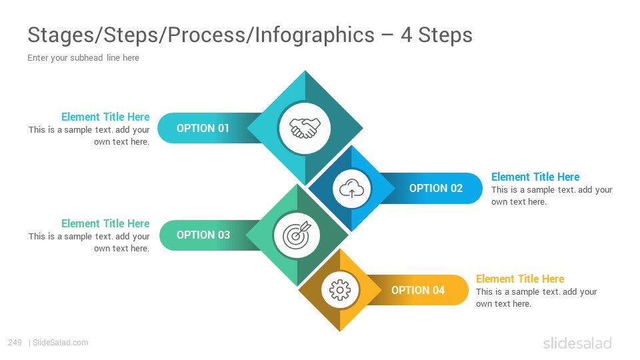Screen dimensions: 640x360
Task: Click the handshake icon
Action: [305, 128]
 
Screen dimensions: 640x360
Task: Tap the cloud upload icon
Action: [351, 189]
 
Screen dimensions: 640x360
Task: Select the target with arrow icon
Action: [297, 235]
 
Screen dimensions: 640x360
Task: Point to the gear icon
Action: [339, 290]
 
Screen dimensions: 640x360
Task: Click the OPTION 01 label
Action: [203, 128]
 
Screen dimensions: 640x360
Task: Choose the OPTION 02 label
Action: [436, 188]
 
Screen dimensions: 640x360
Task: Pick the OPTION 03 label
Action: [203, 235]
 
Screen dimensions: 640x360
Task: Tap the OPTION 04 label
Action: [418, 290]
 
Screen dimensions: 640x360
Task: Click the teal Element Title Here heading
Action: [105, 117]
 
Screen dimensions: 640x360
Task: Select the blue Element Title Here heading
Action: [535, 177]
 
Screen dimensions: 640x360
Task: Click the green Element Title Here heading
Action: [105, 224]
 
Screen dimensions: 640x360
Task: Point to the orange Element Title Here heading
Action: [520, 279]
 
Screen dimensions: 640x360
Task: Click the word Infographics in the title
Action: [315, 35]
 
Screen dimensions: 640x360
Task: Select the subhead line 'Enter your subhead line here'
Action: [83, 57]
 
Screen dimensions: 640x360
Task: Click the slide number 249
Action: [15, 343]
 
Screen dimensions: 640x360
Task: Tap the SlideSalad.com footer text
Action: [60, 343]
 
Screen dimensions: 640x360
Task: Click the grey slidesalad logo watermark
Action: [577, 343]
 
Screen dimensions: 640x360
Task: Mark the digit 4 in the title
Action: [406, 35]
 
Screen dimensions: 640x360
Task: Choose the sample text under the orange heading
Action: [536, 297]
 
